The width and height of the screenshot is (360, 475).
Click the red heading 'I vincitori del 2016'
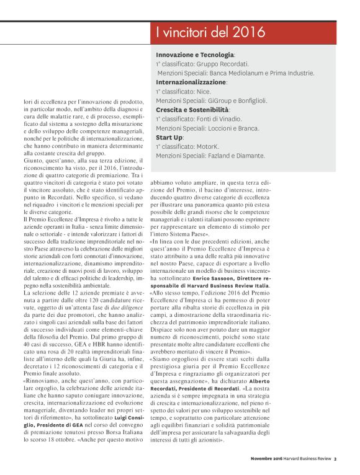coord(210,32)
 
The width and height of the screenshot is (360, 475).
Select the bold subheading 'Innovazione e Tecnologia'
coord(194,55)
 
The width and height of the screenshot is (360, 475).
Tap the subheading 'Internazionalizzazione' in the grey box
coord(191,82)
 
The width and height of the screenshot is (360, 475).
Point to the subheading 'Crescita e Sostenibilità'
coord(193,109)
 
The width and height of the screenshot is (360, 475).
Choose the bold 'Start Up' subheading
coord(169,136)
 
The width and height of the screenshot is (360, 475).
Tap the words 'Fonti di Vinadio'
coord(225,118)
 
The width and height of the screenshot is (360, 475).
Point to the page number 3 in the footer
coord(335,459)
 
